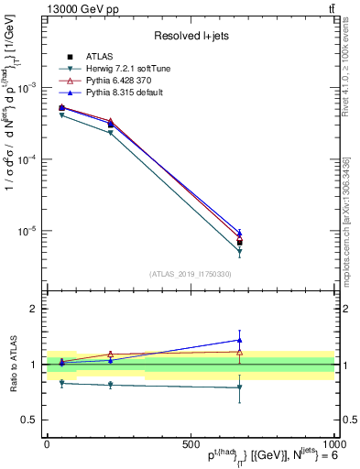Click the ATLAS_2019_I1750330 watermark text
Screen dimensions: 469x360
(191, 273)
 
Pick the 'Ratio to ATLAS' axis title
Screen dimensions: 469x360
(13, 364)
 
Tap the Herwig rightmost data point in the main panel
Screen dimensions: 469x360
(239, 251)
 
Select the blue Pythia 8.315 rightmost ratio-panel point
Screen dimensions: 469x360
(239, 340)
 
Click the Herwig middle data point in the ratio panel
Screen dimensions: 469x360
(110, 385)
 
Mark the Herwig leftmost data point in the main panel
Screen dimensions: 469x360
(61, 115)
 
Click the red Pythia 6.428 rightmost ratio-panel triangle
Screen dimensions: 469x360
(239, 352)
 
